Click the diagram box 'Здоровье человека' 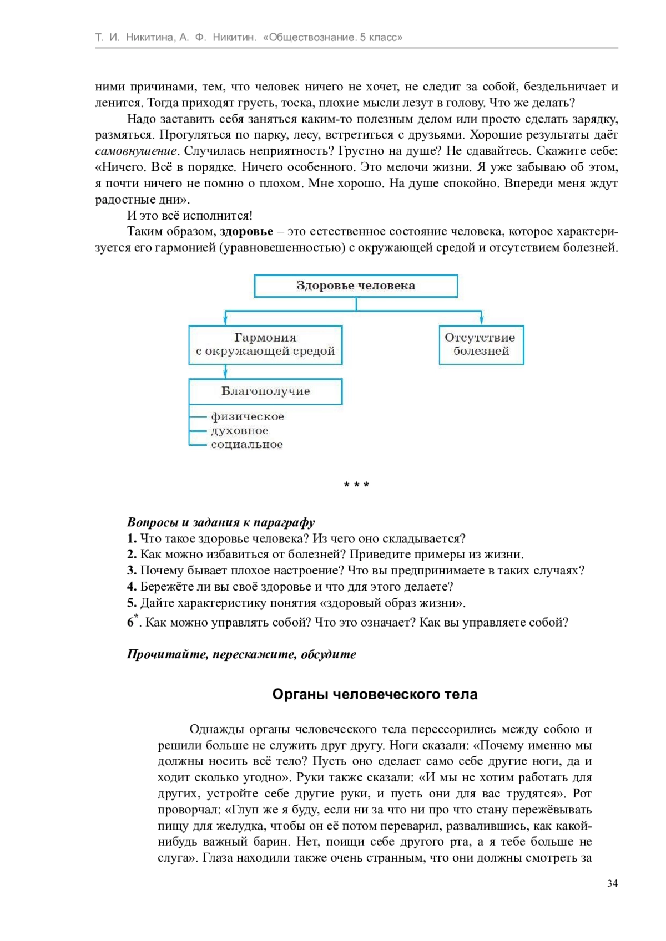click(356, 286)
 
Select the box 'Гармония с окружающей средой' click(265, 345)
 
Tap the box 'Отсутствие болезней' click(481, 345)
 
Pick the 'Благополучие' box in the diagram click(265, 391)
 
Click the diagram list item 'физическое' click(248, 416)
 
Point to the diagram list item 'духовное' click(240, 431)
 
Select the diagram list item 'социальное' click(247, 445)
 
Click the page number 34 click(612, 883)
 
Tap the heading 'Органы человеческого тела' click(375, 695)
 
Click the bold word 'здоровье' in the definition click(246, 232)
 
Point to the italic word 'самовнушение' click(136, 151)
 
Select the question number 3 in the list click(132, 571)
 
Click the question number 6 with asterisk click(132, 622)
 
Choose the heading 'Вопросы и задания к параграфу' click(221, 522)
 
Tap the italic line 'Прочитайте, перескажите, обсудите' click(241, 654)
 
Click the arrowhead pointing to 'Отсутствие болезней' click(481, 321)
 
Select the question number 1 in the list click(132, 538)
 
